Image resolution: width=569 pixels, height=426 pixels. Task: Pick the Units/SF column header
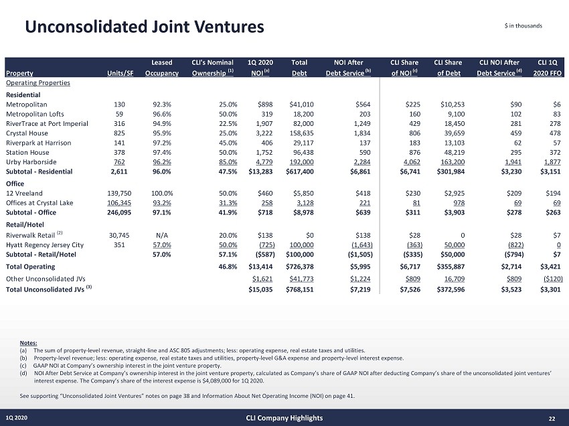[x=120, y=73]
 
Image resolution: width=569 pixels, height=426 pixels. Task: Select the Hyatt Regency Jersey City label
[x=44, y=244]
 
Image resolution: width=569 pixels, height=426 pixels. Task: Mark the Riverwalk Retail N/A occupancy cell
[x=161, y=235]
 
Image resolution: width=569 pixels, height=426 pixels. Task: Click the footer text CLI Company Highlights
[x=284, y=418]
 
